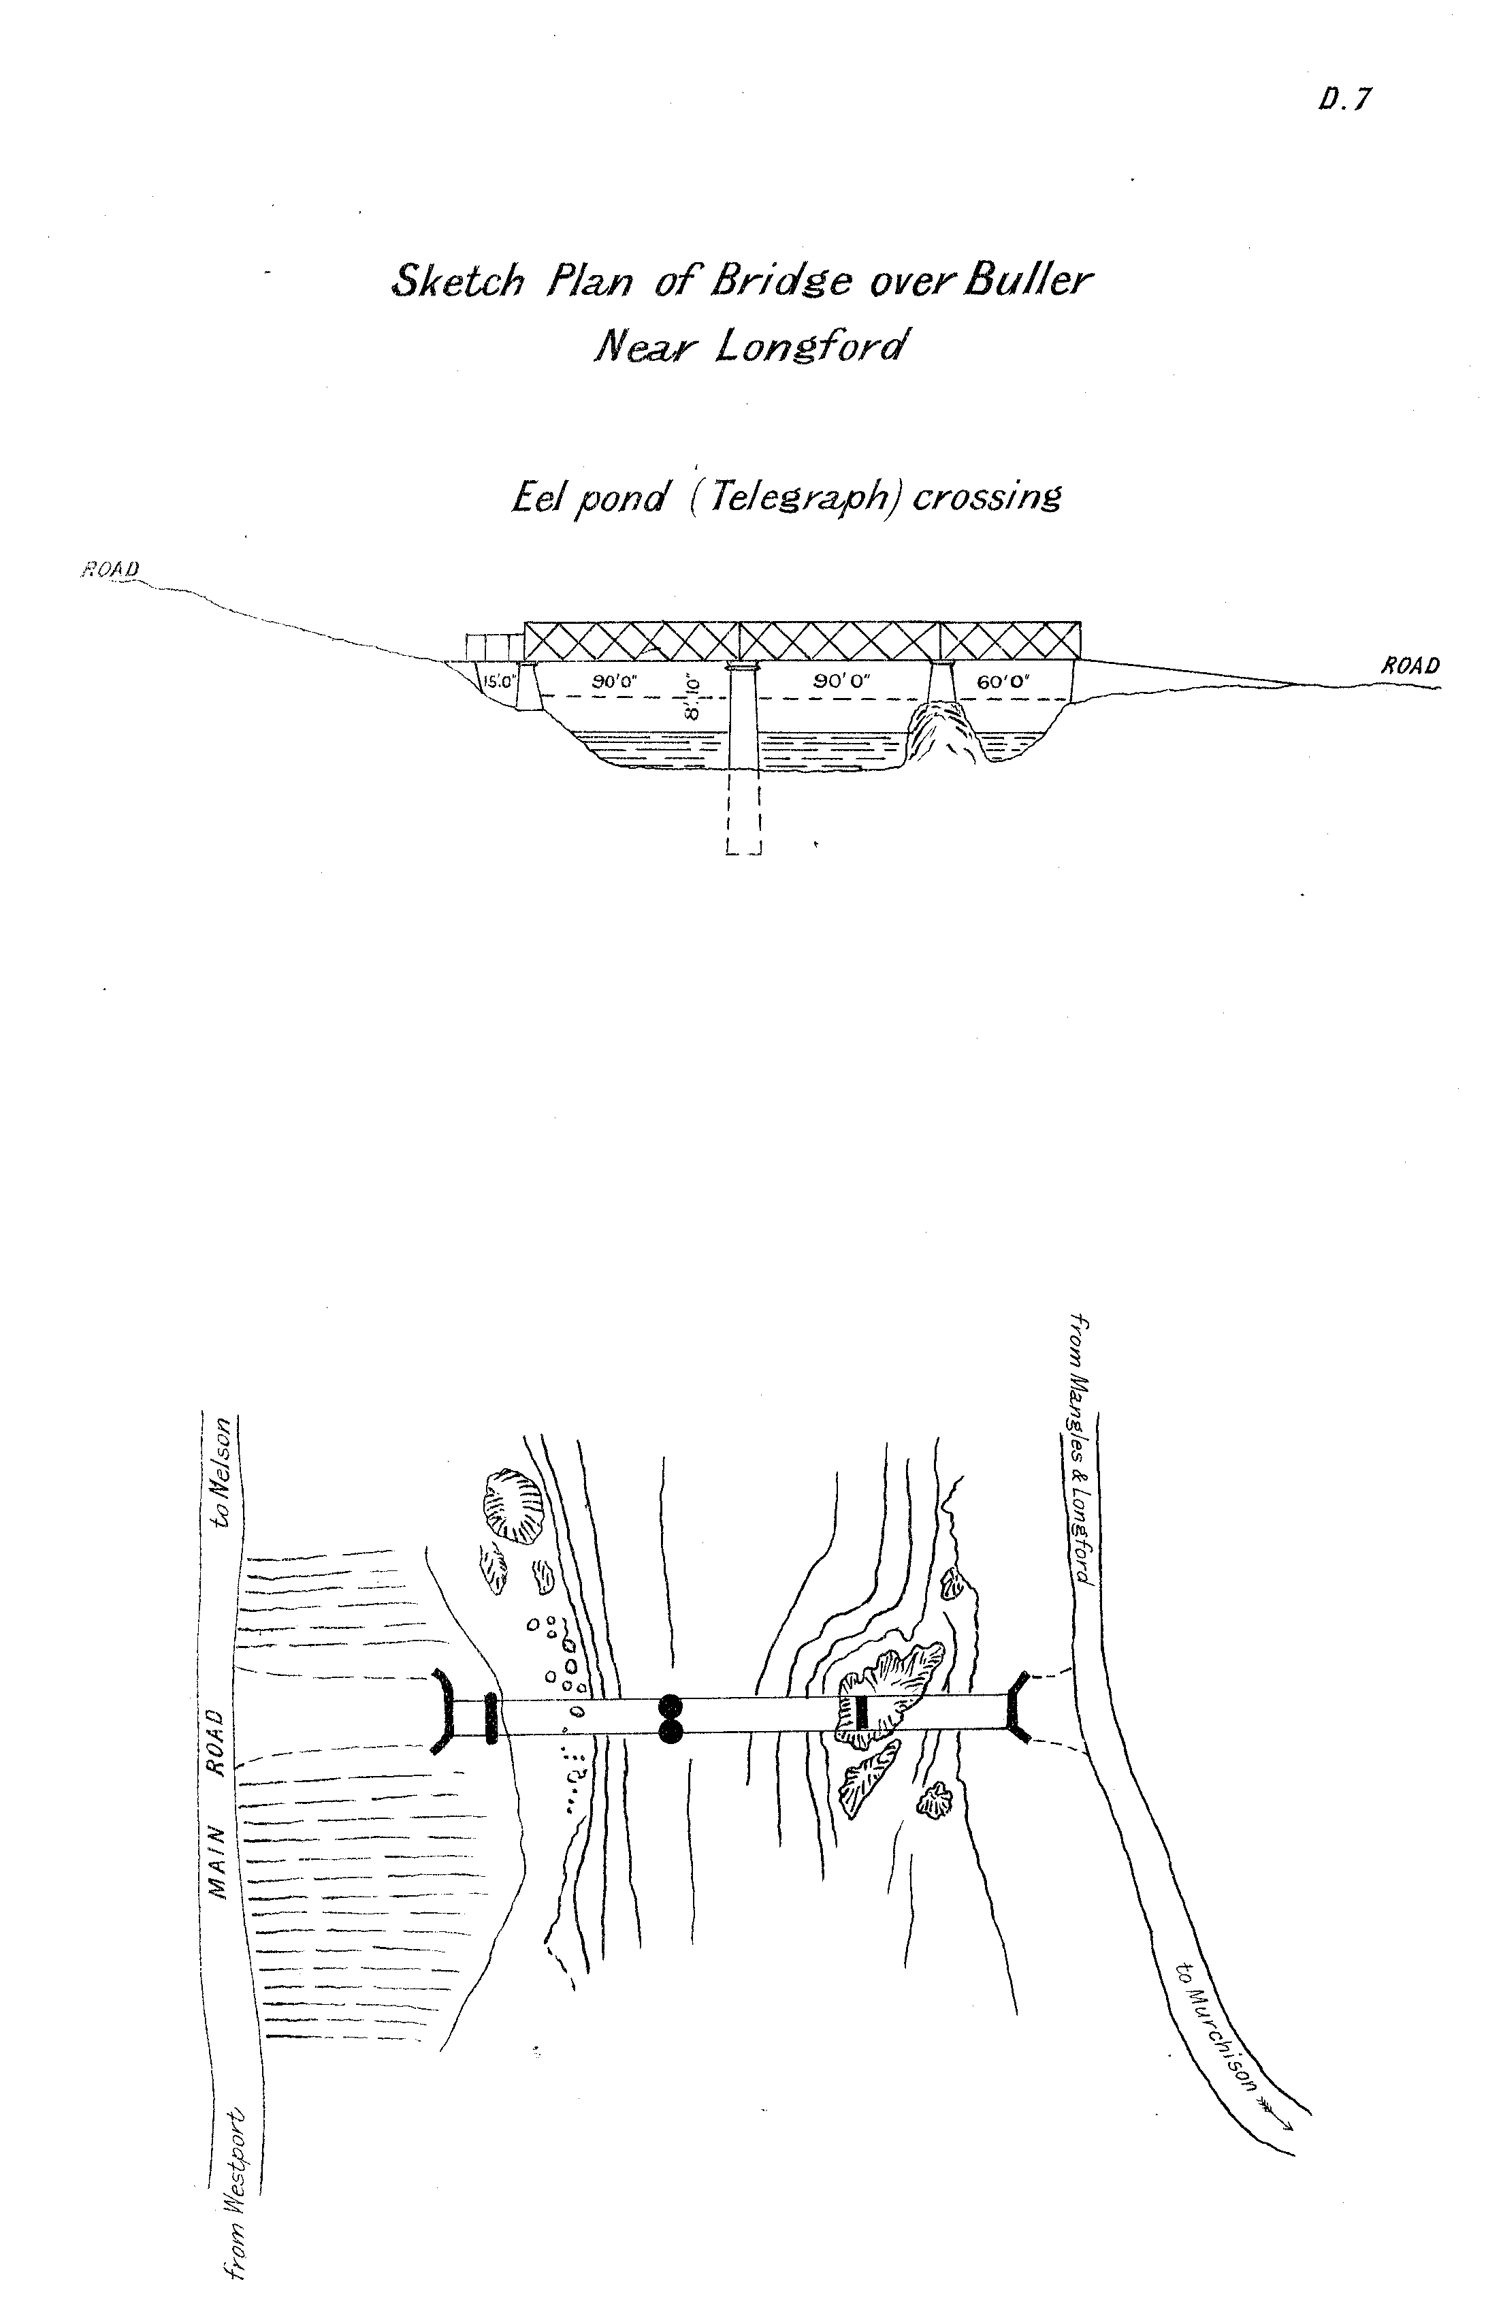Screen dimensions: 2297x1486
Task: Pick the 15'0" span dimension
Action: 499,680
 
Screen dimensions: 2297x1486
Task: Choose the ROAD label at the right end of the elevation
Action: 1410,666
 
